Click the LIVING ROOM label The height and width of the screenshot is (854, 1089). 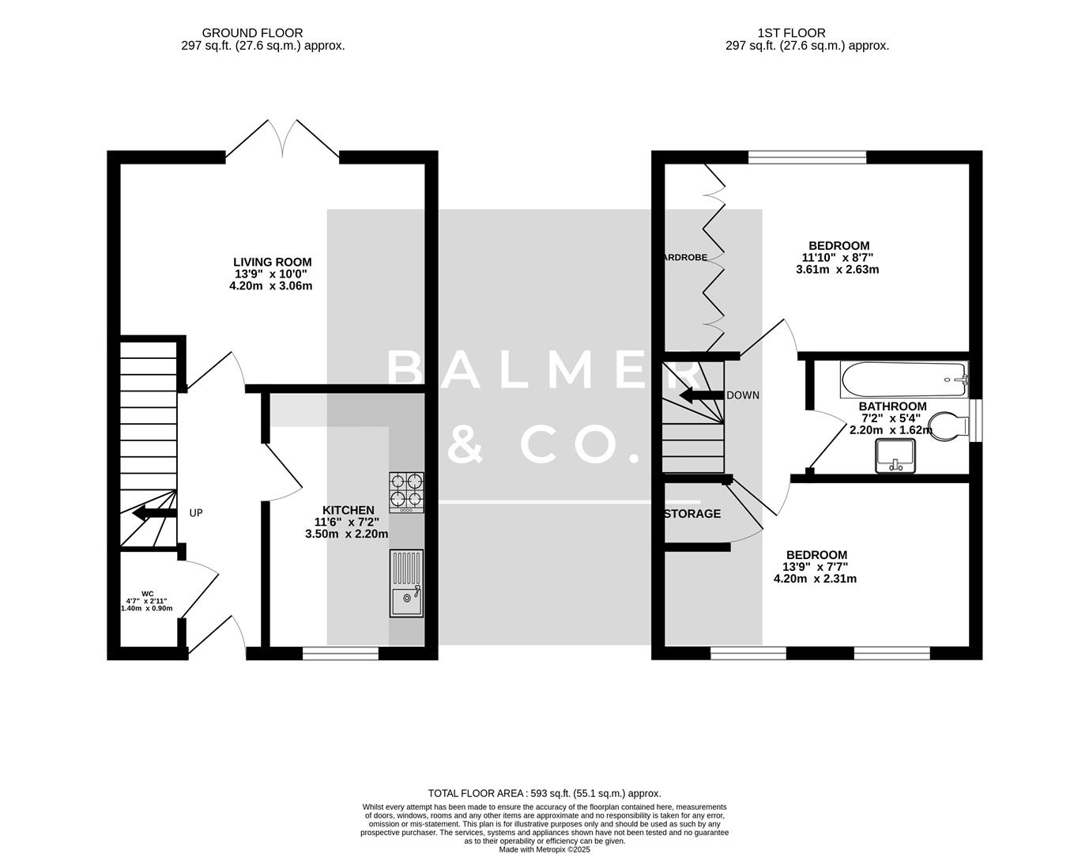coord(272,262)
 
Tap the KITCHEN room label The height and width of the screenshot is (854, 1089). coord(348,510)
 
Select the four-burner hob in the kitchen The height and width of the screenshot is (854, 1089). coord(406,492)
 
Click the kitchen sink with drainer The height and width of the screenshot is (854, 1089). coord(406,584)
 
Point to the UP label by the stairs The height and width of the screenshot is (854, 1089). coord(196,513)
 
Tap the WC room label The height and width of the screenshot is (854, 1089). coord(147,594)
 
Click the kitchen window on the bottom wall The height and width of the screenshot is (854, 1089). coord(340,653)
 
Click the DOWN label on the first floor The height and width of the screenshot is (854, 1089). coord(743,395)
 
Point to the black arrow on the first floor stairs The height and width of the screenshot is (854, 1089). coord(699,396)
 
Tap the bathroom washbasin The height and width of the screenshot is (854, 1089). coord(895,456)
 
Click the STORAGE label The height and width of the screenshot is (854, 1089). coord(692,514)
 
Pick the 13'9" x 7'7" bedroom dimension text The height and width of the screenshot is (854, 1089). coord(815,567)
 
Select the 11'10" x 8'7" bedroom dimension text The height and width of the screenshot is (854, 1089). coord(837,257)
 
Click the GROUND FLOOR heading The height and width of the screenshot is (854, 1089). coord(252,33)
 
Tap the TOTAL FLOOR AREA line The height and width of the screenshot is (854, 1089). coord(544,793)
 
